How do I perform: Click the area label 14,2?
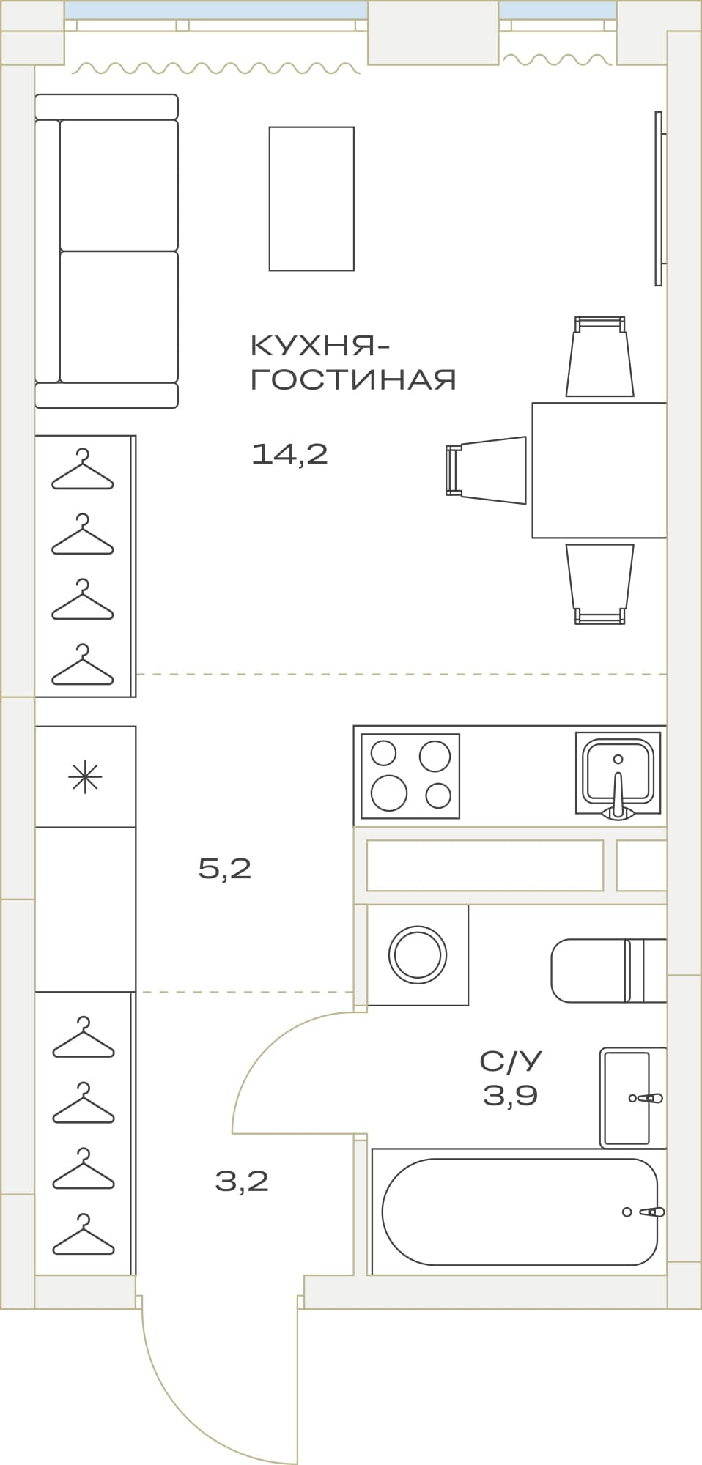pos(289,455)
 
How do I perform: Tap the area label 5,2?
pos(225,869)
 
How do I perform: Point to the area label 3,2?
pos(242,1181)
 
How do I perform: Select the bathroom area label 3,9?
pos(510,1096)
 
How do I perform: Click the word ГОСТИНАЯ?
pos(354,379)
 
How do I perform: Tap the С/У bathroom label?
pos(511,1060)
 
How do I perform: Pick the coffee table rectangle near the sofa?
pos(311,199)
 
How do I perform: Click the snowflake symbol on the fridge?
pos(85,777)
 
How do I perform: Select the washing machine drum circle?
pos(418,954)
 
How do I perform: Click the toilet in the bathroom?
pos(609,971)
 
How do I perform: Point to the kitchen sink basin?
pos(618,773)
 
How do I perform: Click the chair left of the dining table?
pos(486,470)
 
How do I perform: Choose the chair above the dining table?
pos(600,356)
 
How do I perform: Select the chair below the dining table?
pos(600,584)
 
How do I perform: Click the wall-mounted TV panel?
pos(659,199)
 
